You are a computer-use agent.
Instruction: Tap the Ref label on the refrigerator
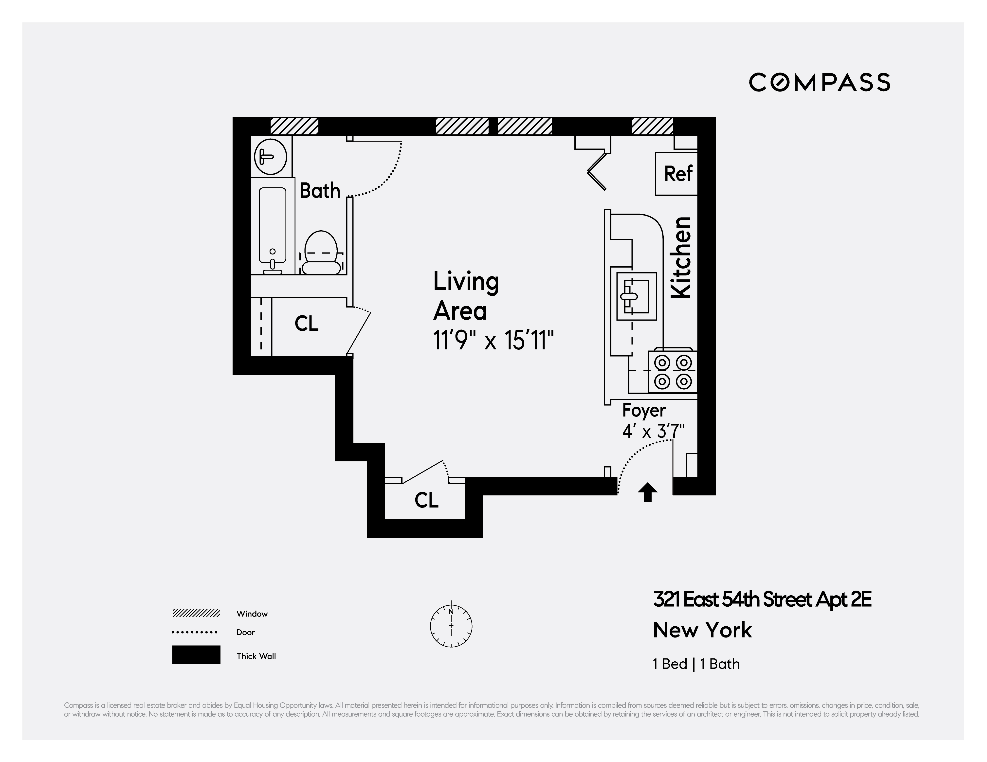[x=678, y=174]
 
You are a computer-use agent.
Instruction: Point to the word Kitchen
[x=681, y=258]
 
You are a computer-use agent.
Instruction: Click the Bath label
[x=320, y=191]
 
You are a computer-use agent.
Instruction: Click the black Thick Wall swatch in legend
[x=196, y=654]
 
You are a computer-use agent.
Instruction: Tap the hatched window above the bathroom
[x=294, y=126]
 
